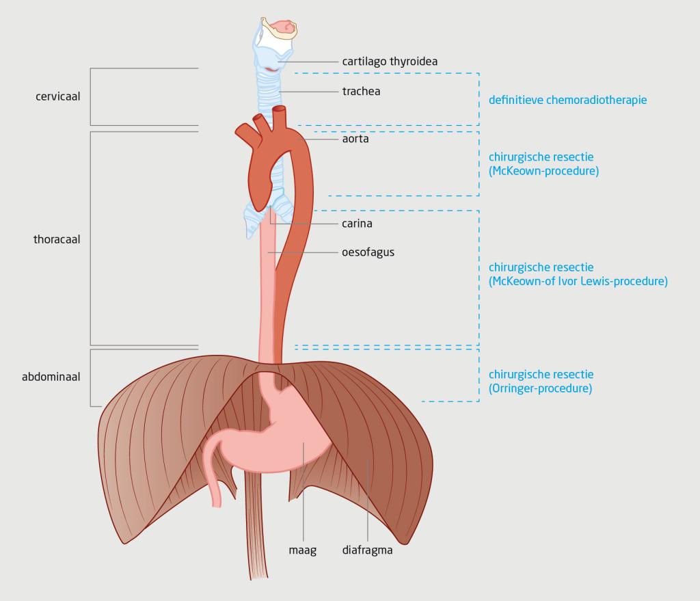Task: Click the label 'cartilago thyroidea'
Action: tap(390, 62)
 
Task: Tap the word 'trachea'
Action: tap(361, 90)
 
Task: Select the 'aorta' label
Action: tap(355, 139)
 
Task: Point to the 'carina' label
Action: tap(357, 223)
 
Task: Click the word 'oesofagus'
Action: tap(368, 252)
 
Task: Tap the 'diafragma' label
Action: tap(367, 550)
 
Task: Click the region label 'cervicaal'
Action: tap(58, 96)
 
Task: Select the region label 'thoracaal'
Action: tap(57, 240)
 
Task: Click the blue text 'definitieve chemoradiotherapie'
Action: tap(567, 100)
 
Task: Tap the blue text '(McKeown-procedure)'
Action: tap(543, 171)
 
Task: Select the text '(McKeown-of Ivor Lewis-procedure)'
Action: tap(578, 281)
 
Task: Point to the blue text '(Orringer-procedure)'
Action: tap(540, 388)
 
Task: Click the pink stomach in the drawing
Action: tap(301, 438)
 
